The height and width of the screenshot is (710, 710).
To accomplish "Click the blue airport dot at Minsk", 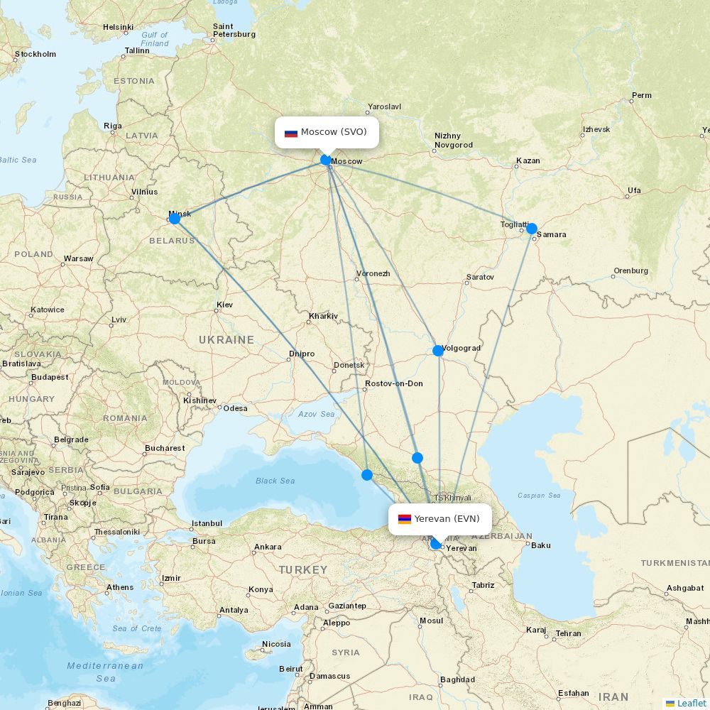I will tap(175, 219).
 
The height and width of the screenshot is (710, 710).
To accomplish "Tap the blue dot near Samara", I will tap(532, 229).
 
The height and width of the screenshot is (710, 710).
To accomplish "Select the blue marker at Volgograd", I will tap(438, 351).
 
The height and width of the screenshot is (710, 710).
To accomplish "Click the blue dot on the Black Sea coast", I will tap(366, 475).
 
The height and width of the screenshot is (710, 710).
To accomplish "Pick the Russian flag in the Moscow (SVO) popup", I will tap(290, 133).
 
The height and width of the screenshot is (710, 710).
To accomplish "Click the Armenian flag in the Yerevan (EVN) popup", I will tap(404, 519).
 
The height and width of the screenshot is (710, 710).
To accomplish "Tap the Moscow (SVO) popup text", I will tap(334, 132).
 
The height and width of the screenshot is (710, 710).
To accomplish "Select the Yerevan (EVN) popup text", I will tap(447, 518).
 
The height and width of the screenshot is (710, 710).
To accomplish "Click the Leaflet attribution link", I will tap(691, 703).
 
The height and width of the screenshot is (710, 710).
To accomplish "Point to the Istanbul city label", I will tap(207, 523).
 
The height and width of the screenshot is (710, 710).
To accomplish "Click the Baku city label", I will tap(541, 545).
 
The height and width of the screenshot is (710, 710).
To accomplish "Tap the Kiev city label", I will tap(224, 305).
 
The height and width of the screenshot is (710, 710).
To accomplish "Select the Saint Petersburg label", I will tap(234, 31).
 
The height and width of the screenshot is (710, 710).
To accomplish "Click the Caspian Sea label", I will tap(539, 496).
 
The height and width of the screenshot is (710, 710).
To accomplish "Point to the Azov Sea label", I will tap(316, 414).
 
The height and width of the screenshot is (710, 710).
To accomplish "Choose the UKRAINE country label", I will tap(226, 340).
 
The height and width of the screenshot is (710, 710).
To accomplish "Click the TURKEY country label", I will tap(303, 570).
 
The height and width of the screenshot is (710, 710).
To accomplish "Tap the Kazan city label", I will tap(528, 160).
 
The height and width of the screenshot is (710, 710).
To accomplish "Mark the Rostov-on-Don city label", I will tap(393, 383).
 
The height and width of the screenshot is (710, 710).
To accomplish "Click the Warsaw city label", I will tap(78, 258).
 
